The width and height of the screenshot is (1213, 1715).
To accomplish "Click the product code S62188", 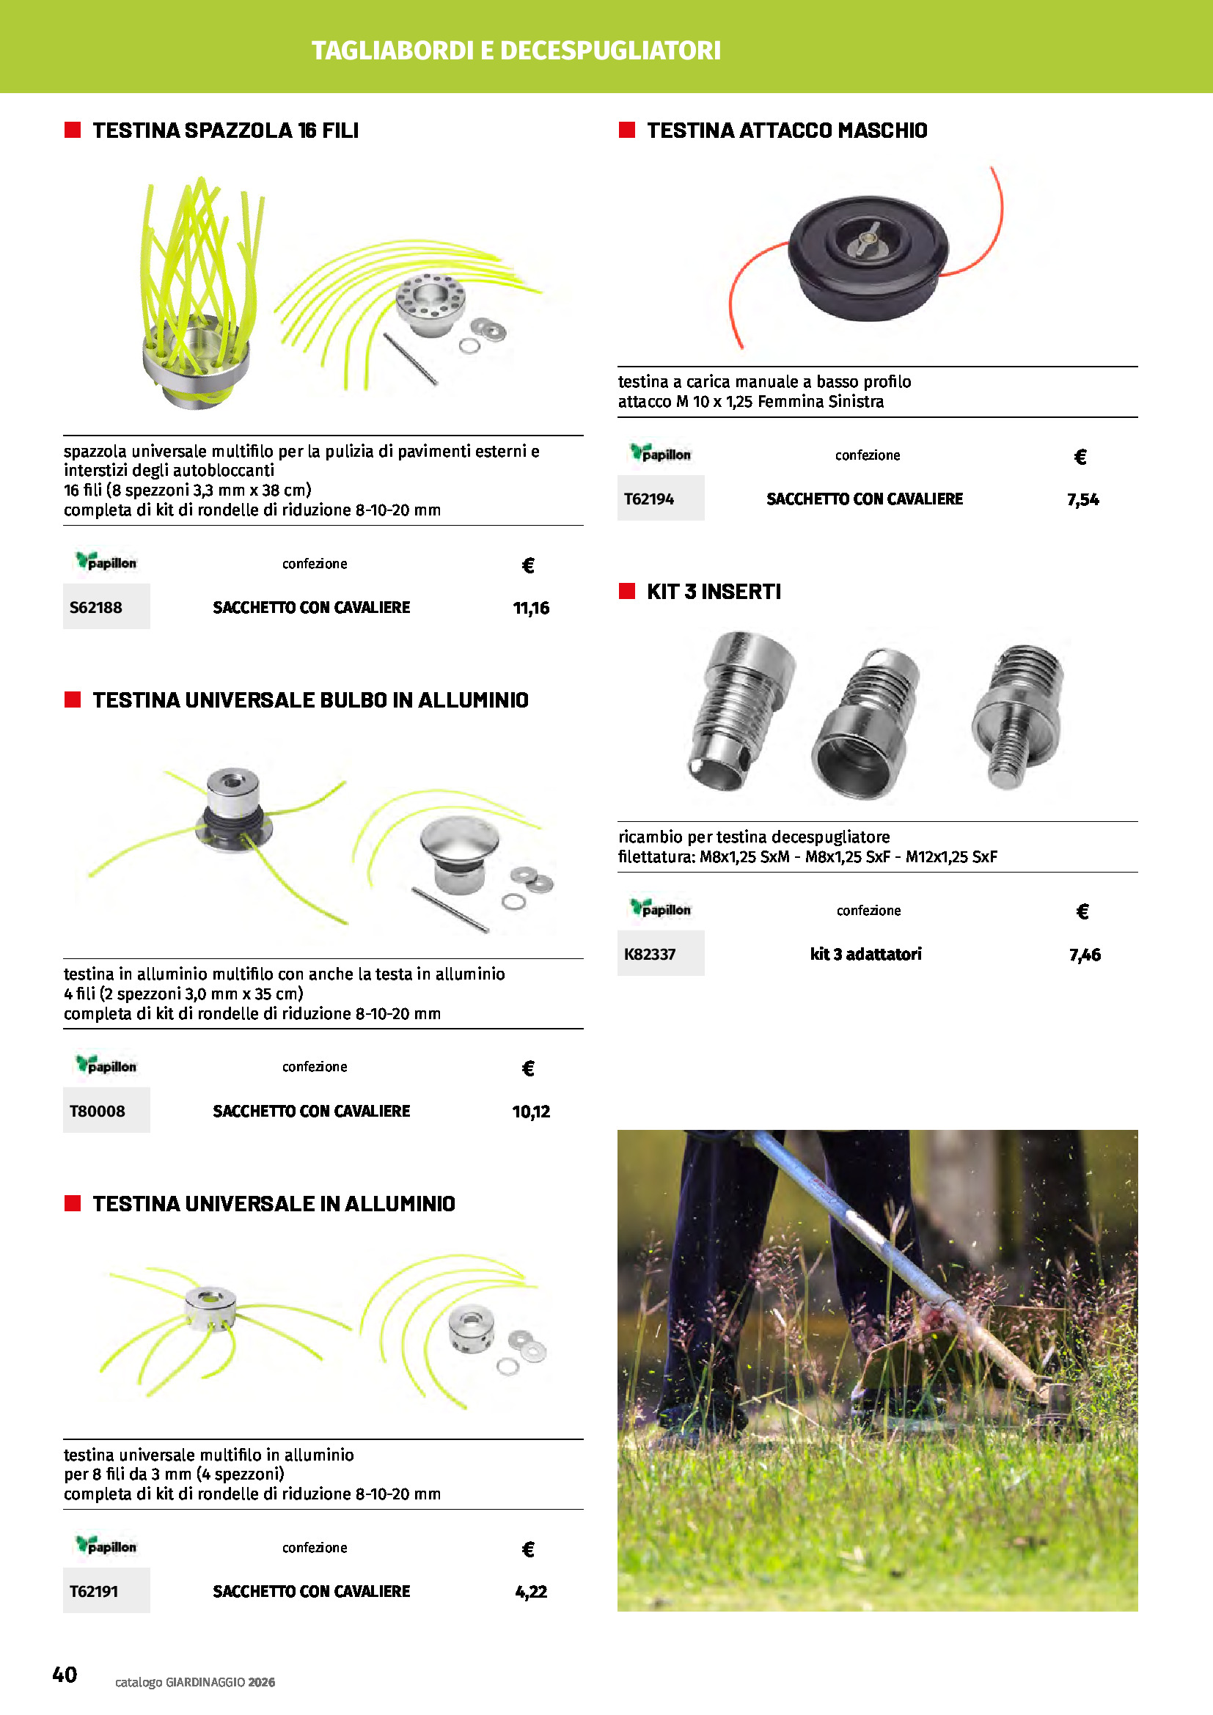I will pos(95,607).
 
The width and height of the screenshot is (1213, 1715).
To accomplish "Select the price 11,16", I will pos(531,608).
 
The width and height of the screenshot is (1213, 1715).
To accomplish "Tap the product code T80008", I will pos(97,1111).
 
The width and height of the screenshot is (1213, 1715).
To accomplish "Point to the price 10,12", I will pos(531,1112).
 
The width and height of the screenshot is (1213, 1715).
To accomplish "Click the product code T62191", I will pos(94,1591).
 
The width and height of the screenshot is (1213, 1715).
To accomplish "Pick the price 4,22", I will pos(531,1592).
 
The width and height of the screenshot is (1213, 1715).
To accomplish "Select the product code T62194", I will pos(649,499).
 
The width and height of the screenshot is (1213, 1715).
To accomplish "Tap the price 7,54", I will pos(1083,500).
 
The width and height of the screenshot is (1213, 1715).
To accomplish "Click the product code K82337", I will pos(650,954).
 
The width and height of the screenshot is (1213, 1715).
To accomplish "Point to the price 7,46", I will pos(1085,955).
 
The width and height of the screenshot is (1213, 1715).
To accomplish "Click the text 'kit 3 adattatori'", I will pos(865,954).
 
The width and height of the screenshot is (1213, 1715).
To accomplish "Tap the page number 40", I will pos(65,1675).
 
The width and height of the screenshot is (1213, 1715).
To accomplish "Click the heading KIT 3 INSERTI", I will pos(714,592).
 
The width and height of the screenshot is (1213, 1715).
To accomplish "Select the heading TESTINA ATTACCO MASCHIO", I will pos(786,131).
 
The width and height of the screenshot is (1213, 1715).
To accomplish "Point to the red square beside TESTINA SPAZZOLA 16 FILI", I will pos(73,130).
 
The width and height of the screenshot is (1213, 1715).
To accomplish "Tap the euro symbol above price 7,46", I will pos(1082,911).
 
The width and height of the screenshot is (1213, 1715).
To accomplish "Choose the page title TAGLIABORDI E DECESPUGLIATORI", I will pos(516,51).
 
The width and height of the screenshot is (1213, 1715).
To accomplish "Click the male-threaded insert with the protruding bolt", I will pos(1018,716).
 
